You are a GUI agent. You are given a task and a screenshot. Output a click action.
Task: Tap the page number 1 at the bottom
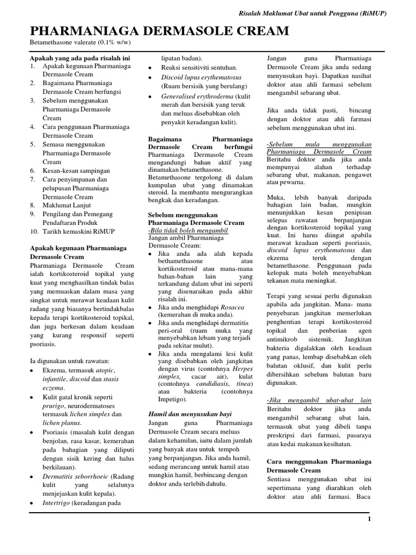pyautogui.click(x=369, y=519)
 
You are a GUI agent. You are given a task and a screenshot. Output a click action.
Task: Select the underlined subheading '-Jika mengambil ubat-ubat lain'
pyautogui.click(x=319, y=399)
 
